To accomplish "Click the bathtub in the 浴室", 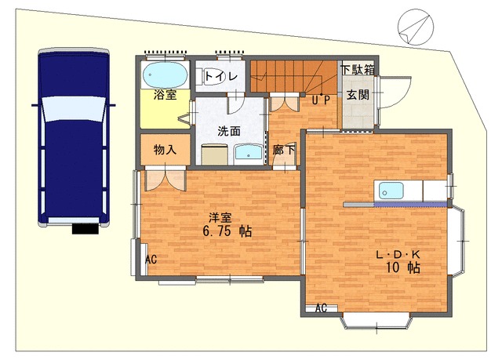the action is click(165, 75).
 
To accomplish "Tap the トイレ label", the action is click(221, 77).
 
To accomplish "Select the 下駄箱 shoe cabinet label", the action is click(358, 70).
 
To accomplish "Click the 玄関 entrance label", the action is click(358, 95).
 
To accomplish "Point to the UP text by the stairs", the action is click(321, 100).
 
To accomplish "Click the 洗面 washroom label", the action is click(229, 131).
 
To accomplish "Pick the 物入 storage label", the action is click(165, 150).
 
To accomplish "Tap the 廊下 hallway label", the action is click(284, 150).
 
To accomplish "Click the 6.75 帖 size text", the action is click(227, 231).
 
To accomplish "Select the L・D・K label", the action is click(398, 255).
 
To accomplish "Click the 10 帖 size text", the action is click(403, 267).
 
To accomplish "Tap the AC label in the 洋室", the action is click(151, 259).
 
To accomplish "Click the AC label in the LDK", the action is click(321, 308).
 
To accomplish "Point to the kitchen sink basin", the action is click(391, 191).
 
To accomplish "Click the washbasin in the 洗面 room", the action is click(249, 154).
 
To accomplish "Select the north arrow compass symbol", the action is click(416, 27).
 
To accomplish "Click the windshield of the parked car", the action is click(74, 108).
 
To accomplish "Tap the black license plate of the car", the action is click(85, 228).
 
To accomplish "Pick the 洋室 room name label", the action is click(220, 218).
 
